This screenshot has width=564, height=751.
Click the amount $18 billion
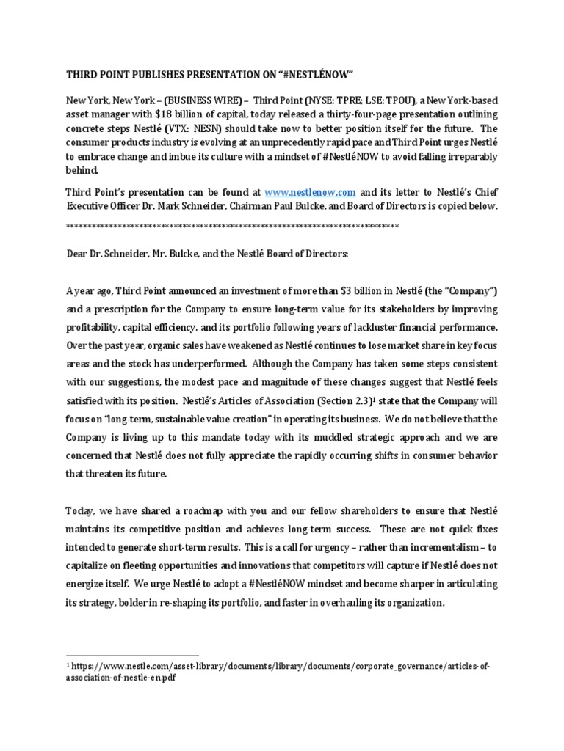pyautogui.click(x=203, y=116)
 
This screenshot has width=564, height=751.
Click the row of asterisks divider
pyautogui.click(x=232, y=226)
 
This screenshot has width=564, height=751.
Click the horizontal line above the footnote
pyautogui.click(x=132, y=655)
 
